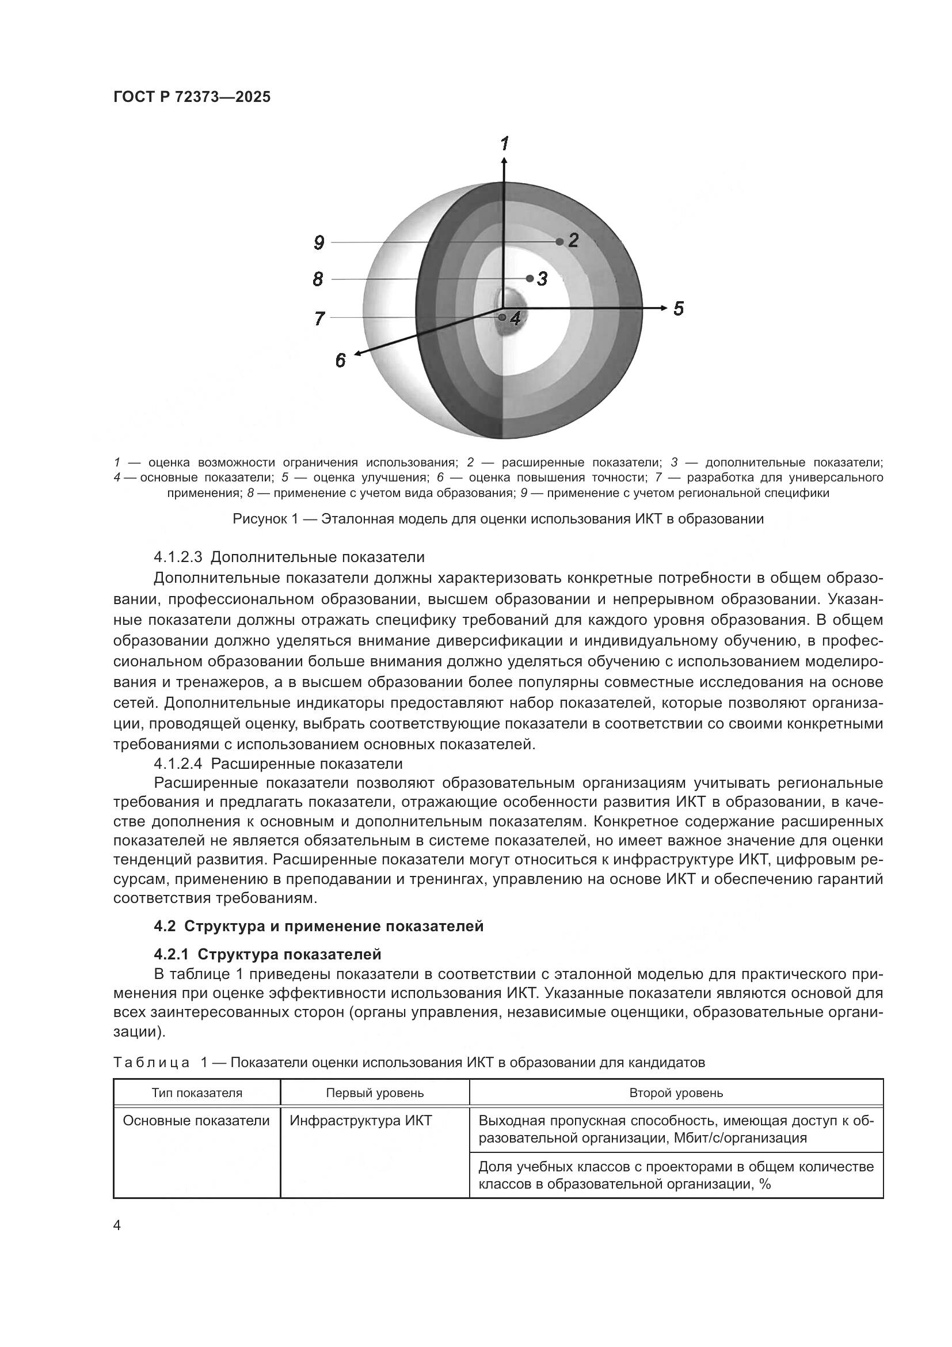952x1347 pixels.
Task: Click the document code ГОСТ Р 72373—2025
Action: pos(192,97)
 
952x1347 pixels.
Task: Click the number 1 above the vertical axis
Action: pos(504,144)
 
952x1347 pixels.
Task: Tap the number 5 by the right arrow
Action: pos(678,309)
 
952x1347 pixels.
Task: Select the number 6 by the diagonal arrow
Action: pos(341,360)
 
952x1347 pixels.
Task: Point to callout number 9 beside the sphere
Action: pos(319,242)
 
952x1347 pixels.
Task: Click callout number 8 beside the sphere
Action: pos(318,279)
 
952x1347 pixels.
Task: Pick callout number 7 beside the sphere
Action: pos(319,318)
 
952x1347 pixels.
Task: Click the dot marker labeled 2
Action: pos(559,242)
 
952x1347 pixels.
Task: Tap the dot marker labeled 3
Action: pos(530,278)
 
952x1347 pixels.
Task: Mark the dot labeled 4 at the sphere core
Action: pos(502,317)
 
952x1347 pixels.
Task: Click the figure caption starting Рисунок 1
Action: pos(498,519)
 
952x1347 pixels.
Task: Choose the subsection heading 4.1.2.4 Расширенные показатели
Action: pos(278,763)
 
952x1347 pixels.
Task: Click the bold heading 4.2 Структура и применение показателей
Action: pos(318,926)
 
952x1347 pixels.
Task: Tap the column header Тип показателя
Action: pos(196,1092)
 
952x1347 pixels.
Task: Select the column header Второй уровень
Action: pos(676,1092)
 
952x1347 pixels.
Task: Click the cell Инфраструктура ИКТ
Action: pos(360,1121)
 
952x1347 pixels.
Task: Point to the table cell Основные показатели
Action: pos(196,1121)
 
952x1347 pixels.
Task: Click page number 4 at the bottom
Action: pos(117,1225)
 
